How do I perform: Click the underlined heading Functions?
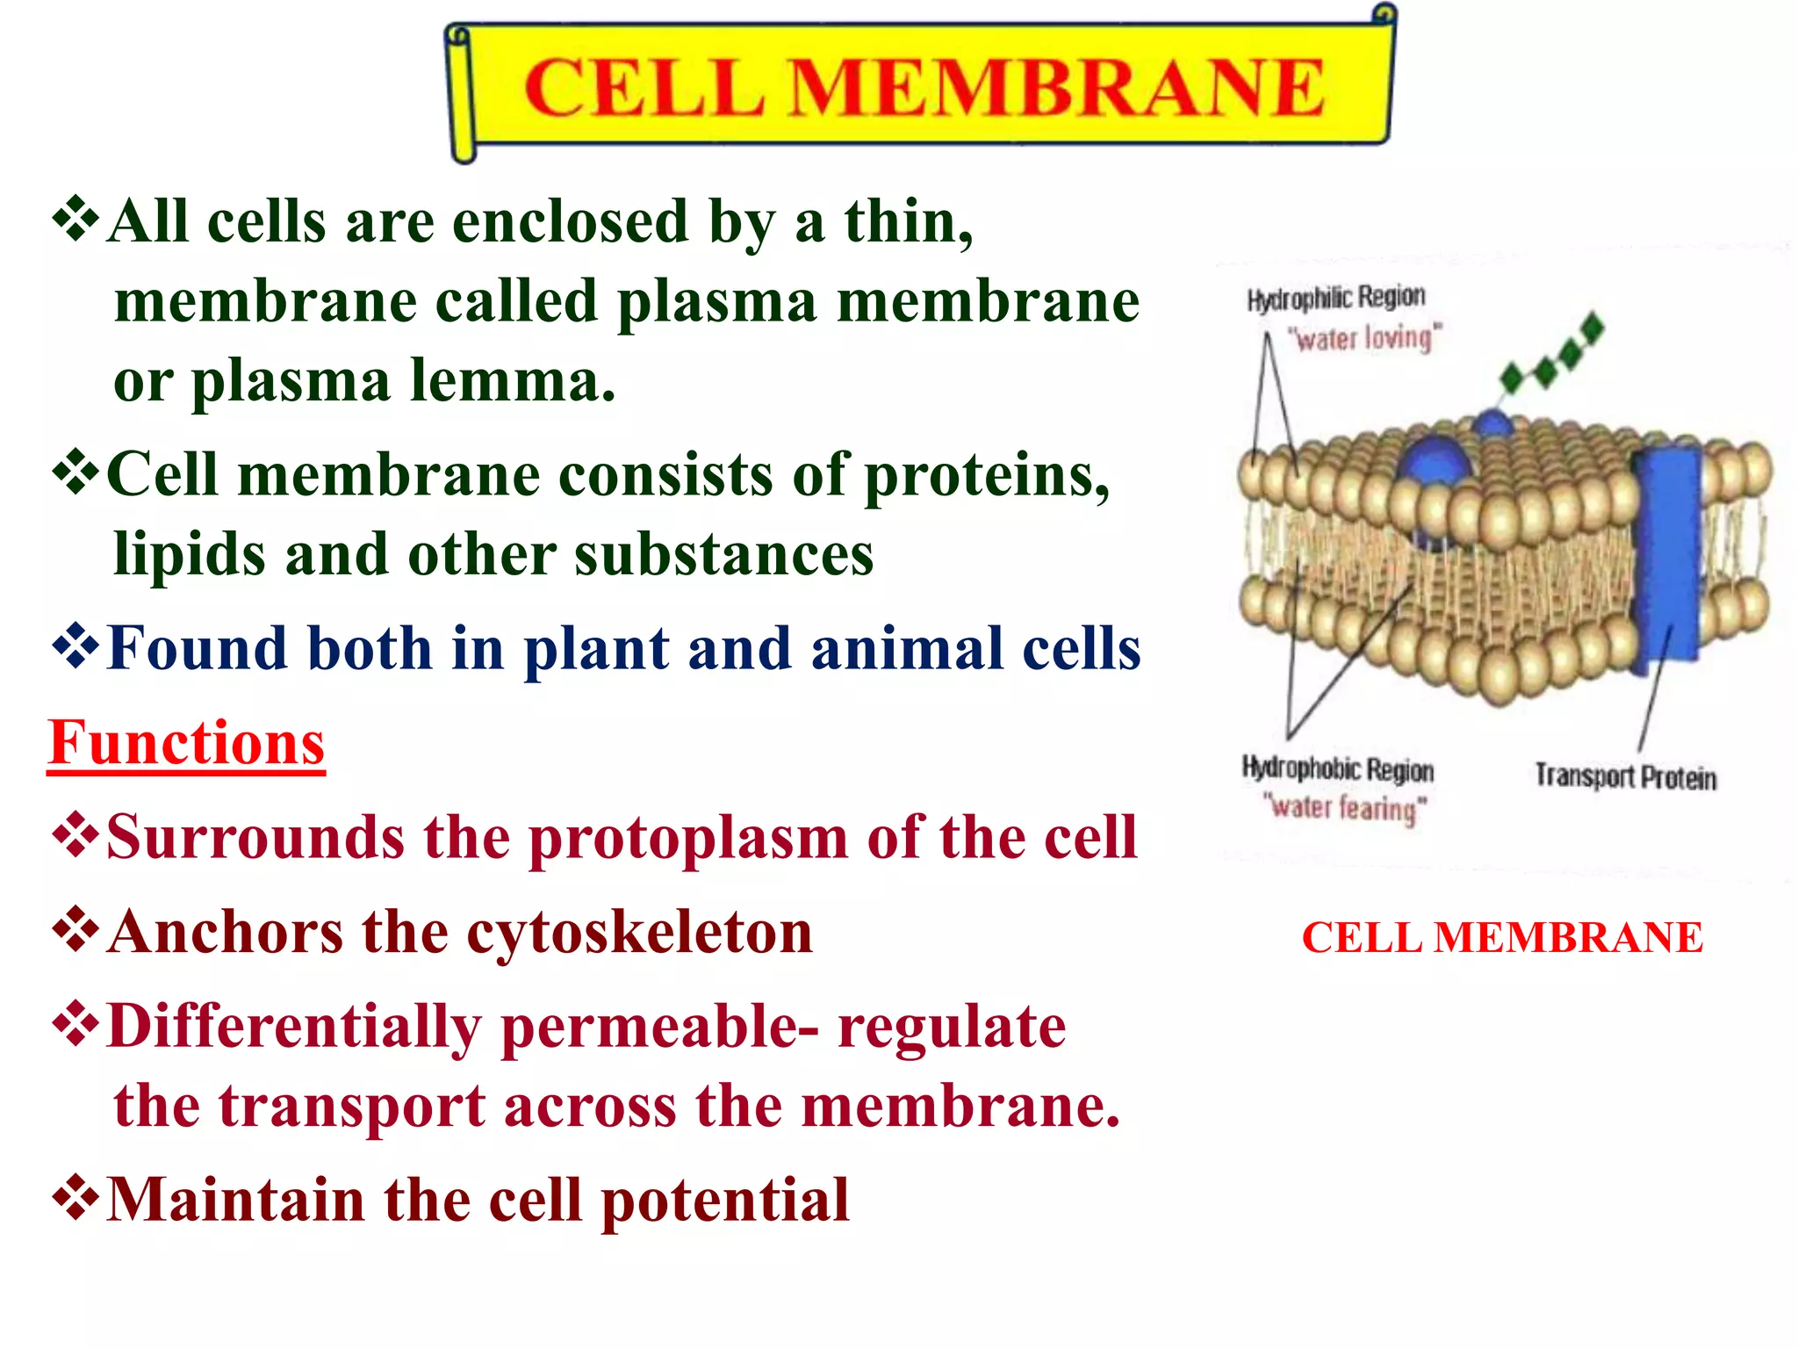[186, 743]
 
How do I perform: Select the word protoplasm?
[687, 838]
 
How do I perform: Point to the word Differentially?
[294, 1027]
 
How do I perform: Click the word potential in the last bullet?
[725, 1201]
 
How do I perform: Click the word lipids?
[189, 555]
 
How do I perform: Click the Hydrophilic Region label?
[1335, 298]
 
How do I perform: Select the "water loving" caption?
[1364, 338]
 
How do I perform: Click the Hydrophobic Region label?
[1337, 769]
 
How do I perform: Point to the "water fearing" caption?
[1344, 807]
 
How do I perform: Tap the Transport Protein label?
[1625, 777]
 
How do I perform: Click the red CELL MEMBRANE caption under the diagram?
[1501, 938]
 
